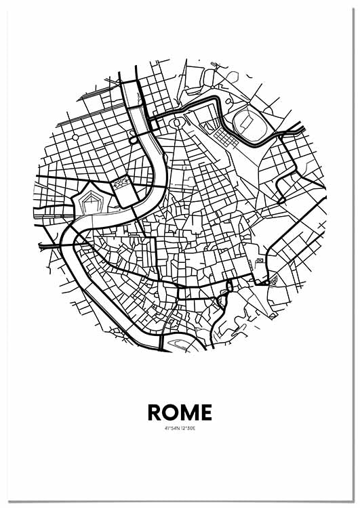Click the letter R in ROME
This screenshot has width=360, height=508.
point(155,412)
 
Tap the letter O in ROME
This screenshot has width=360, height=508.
point(172,412)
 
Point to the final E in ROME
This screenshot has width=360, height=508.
point(205,412)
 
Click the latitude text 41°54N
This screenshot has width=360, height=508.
point(172,427)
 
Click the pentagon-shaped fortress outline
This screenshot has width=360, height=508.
point(90,201)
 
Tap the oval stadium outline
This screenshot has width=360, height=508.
point(244,122)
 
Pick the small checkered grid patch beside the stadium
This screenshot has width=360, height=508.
point(224,138)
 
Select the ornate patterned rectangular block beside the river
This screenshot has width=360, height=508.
point(121,183)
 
